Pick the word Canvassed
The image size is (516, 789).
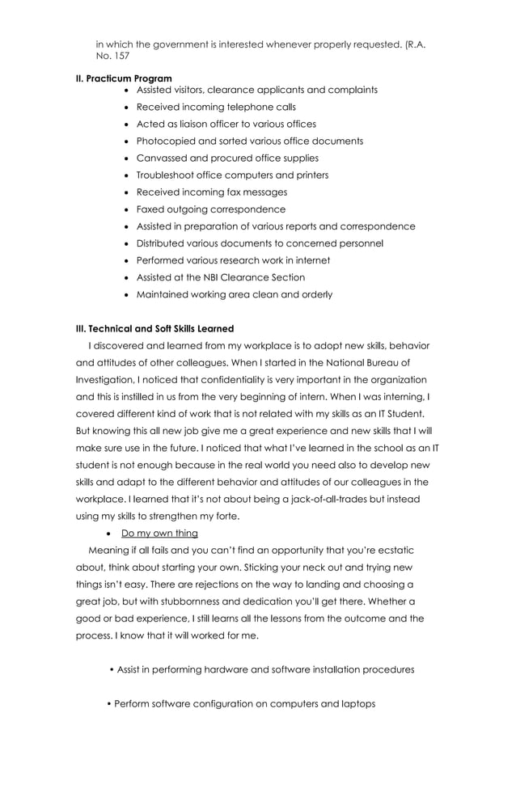(x=161, y=158)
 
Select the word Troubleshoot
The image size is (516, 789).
(x=167, y=175)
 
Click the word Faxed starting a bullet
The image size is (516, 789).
(x=150, y=209)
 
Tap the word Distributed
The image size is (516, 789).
(x=163, y=243)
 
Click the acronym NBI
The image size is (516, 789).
(x=214, y=277)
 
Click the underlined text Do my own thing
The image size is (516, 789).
(x=159, y=534)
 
